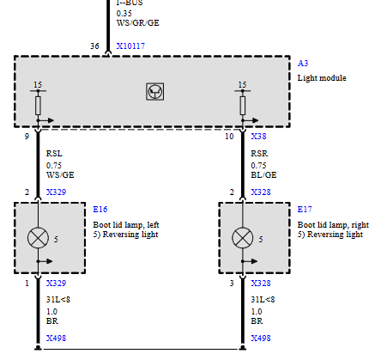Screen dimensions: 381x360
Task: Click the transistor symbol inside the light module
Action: point(155,92)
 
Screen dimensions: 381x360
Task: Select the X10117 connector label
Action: point(130,46)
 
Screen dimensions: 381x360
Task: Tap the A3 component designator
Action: point(303,64)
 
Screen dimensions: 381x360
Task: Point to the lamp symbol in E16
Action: point(38,238)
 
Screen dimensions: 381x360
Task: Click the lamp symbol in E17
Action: point(243,238)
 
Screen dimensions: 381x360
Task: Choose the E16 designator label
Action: point(100,210)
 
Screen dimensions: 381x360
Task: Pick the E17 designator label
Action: point(305,210)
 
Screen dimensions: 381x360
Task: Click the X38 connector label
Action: point(258,137)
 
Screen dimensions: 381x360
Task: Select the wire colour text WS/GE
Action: point(60,175)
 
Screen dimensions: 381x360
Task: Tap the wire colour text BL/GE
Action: point(263,175)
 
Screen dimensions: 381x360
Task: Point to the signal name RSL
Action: point(54,154)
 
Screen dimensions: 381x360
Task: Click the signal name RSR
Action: point(259,154)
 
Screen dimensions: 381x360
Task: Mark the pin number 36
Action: point(94,46)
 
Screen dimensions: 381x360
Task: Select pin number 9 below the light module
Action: point(27,137)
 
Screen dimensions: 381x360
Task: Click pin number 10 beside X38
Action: point(229,137)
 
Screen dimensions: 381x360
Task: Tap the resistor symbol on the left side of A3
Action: point(38,106)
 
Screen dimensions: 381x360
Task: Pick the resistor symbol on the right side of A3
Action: point(243,106)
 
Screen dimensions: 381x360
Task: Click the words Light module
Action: point(322,78)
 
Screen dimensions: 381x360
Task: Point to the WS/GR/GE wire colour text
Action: point(138,23)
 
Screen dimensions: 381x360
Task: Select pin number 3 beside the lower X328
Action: point(232,284)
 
